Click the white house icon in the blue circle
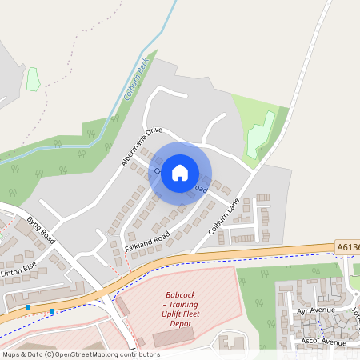click(x=180, y=172)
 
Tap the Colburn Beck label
click(x=134, y=82)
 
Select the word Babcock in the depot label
click(x=180, y=294)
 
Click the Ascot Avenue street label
click(x=319, y=341)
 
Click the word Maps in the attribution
click(x=11, y=354)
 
